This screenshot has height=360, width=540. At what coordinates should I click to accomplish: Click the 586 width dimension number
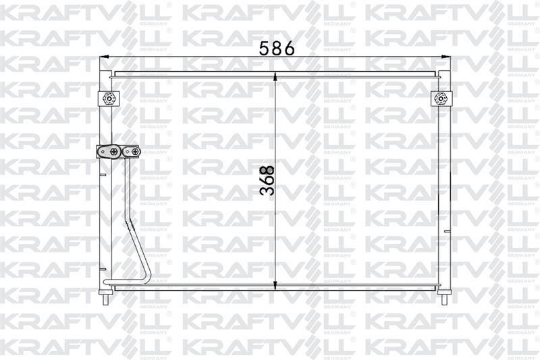[276, 49]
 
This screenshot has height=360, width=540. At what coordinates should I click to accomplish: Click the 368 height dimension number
[267, 180]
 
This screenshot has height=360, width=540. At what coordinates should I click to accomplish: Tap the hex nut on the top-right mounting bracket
[441, 99]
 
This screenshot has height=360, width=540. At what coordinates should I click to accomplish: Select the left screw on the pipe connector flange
[115, 152]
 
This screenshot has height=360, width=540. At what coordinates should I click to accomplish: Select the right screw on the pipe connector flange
[134, 152]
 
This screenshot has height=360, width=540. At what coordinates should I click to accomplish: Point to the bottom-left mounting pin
[106, 297]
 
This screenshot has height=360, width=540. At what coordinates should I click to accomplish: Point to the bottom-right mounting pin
[444, 297]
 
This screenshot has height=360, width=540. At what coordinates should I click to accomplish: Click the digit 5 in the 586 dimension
[263, 49]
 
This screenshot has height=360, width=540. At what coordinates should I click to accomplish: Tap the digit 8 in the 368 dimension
[267, 169]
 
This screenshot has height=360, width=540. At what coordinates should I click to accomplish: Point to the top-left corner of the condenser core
[113, 76]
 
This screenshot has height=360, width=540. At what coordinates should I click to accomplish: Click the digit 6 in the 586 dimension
[288, 49]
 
